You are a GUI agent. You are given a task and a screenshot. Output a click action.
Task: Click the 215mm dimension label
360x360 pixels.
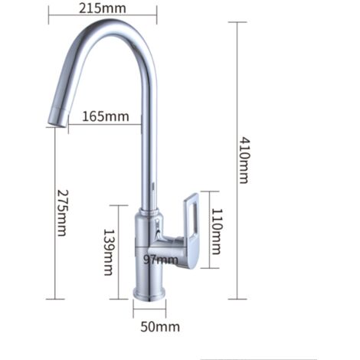(x=103, y=8)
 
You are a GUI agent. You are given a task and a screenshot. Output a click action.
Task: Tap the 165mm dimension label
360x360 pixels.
(x=106, y=116)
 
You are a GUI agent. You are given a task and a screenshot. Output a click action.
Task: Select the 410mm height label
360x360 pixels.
(x=244, y=160)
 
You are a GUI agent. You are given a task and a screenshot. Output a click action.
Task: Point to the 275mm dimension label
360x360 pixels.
(x=62, y=213)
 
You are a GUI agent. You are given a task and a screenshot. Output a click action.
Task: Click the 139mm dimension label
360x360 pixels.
(x=109, y=252)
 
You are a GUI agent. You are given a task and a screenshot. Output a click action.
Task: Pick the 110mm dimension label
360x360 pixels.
(x=217, y=231)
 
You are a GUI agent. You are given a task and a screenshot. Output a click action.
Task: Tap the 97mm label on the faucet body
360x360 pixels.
(x=161, y=260)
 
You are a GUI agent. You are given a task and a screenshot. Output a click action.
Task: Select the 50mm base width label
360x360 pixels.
(x=160, y=327)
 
